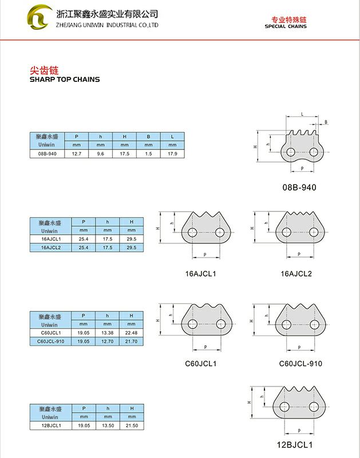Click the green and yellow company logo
click(x=41, y=18)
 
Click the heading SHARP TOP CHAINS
click(x=64, y=80)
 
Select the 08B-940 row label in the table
click(x=46, y=154)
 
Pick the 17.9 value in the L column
click(x=172, y=154)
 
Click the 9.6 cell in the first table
click(x=100, y=154)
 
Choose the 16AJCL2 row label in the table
click(x=50, y=247)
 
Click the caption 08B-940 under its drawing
click(x=299, y=187)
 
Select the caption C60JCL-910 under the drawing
click(x=300, y=364)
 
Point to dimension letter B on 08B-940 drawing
click(x=326, y=123)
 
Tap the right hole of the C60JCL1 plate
click(x=220, y=323)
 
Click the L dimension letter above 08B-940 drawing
click(x=301, y=114)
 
